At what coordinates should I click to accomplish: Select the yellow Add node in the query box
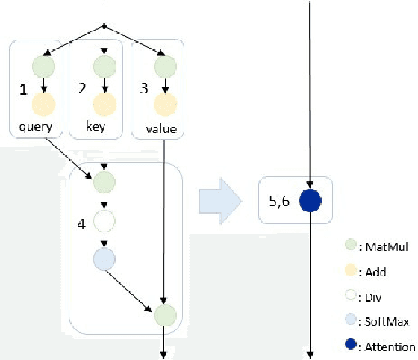point(44,104)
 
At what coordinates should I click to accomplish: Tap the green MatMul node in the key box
point(104,66)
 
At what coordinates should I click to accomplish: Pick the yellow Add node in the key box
point(104,104)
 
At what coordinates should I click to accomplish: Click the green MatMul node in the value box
point(163,66)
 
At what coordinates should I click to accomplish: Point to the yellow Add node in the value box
point(163,104)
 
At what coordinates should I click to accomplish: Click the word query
point(35,127)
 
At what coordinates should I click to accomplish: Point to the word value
point(161,128)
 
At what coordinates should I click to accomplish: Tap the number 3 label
point(146,90)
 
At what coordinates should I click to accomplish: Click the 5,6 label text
point(278,200)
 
